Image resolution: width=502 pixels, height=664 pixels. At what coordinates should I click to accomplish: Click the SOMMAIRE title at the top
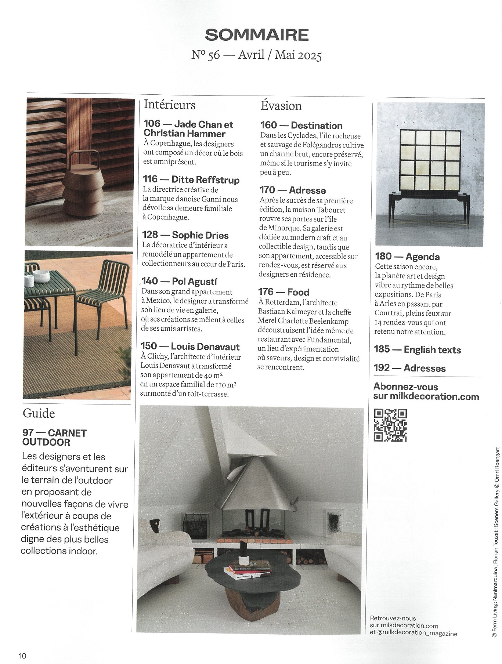pyautogui.click(x=257, y=35)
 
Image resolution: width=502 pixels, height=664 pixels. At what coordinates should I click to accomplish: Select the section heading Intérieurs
pyautogui.click(x=170, y=105)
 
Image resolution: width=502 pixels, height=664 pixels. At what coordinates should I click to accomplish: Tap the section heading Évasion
pyautogui.click(x=281, y=106)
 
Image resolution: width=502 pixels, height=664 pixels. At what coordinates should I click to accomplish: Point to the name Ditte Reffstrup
pyautogui.click(x=205, y=180)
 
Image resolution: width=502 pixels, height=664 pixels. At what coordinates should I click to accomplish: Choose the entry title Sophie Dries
pyautogui.click(x=200, y=235)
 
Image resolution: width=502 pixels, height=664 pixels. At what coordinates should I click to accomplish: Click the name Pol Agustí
pyautogui.click(x=194, y=282)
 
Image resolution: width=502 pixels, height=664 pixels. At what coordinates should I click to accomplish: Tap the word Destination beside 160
pyautogui.click(x=316, y=126)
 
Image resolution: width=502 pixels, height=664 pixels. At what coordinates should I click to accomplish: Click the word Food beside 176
pyautogui.click(x=298, y=292)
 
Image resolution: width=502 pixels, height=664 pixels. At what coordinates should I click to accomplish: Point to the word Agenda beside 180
pyautogui.click(x=422, y=257)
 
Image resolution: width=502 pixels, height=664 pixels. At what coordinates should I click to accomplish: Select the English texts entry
pyautogui.click(x=432, y=349)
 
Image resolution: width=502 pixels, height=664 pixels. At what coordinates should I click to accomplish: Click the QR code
pyautogui.click(x=390, y=425)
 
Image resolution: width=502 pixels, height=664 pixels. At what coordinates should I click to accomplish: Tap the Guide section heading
pyautogui.click(x=39, y=413)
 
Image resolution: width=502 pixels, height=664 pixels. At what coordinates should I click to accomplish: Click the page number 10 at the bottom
pyautogui.click(x=23, y=656)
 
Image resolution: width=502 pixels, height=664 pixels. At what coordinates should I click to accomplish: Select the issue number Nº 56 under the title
pyautogui.click(x=206, y=55)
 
